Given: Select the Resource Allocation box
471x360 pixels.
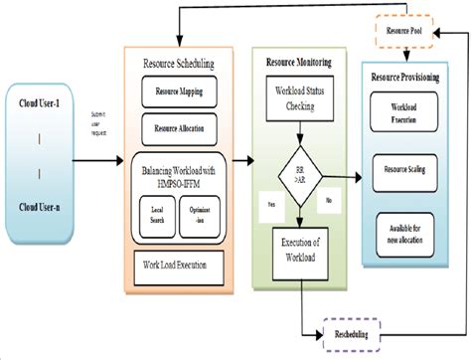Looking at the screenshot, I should pyautogui.click(x=180, y=128).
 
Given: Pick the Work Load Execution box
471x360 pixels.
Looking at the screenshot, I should pyautogui.click(x=179, y=266).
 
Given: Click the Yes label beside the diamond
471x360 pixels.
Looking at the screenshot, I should pyautogui.click(x=268, y=205).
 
